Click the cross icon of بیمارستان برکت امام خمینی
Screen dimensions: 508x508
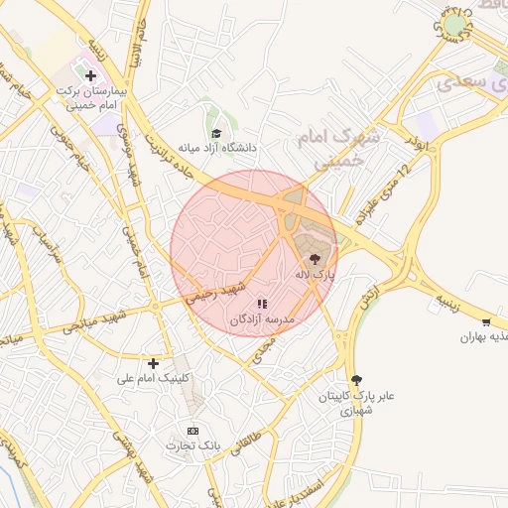point(90,74)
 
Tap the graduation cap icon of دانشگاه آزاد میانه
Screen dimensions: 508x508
point(216,133)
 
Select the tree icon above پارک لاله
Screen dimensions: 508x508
point(316,258)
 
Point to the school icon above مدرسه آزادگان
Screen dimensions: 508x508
point(261,305)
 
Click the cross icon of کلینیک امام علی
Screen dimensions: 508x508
point(153,363)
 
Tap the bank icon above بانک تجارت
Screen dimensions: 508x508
point(192,431)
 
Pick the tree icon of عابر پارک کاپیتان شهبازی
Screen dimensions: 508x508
point(356,380)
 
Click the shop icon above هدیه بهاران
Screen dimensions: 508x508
point(485,321)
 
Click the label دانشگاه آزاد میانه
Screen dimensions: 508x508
point(216,149)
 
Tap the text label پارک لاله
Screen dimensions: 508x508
point(316,273)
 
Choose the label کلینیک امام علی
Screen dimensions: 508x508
point(152,379)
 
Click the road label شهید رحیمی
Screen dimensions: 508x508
point(220,293)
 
